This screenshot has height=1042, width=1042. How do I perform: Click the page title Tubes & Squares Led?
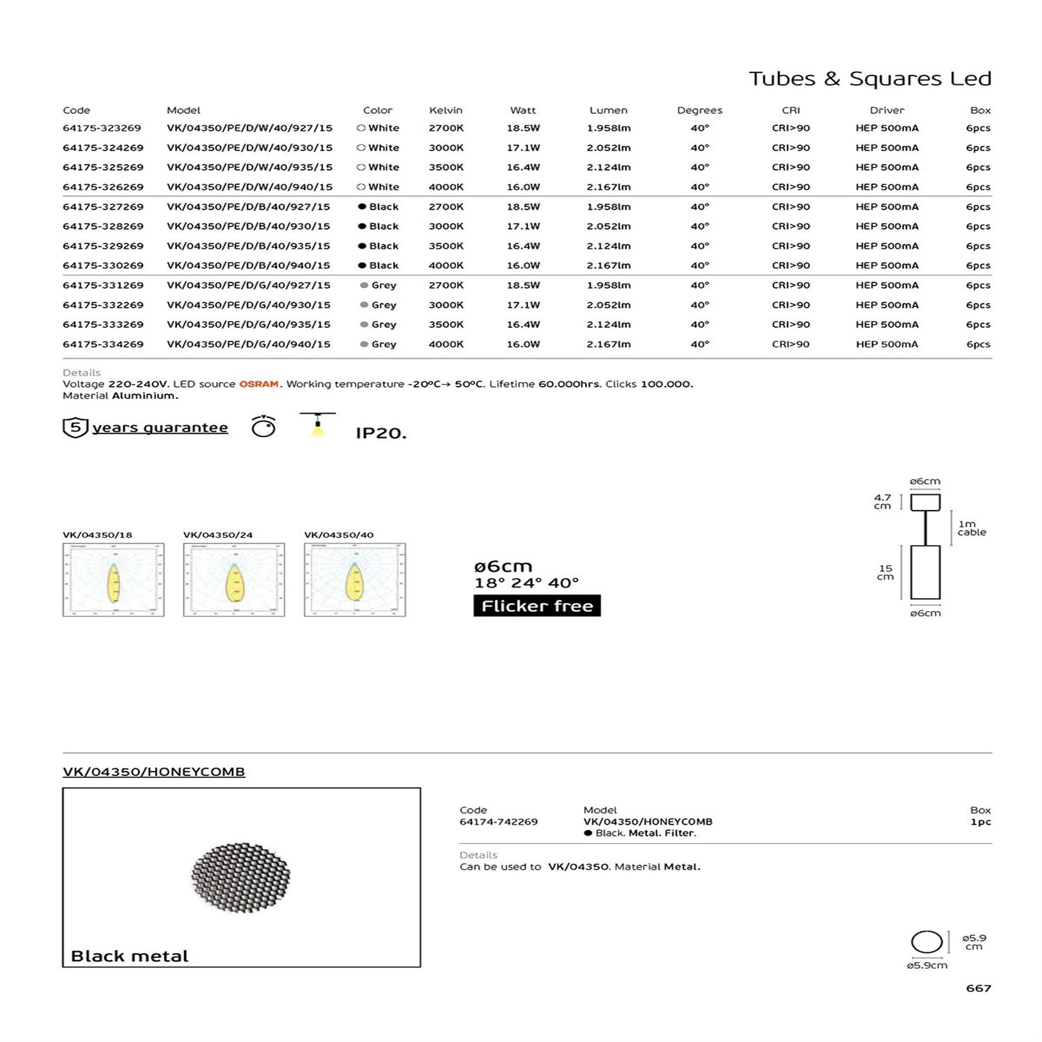coord(870,78)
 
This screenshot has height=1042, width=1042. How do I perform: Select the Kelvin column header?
coord(445,110)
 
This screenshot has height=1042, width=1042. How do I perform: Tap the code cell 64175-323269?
coord(102,129)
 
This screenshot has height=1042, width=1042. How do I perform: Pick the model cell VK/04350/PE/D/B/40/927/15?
coord(249,207)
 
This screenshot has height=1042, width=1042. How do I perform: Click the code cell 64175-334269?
coord(103,345)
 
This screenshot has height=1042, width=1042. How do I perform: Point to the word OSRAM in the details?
coord(259,384)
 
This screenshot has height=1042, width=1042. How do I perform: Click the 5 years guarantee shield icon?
coord(75,427)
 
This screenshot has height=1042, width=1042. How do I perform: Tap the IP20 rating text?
coord(381,433)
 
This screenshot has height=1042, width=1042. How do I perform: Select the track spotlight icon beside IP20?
coord(317,425)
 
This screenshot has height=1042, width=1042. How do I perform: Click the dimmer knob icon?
coord(263,427)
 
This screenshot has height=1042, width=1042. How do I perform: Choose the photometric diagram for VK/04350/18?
coord(113,580)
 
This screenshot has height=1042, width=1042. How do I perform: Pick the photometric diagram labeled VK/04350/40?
coord(355,580)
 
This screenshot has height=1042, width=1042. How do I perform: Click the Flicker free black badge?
coord(537,606)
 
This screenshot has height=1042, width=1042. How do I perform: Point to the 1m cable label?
coord(971,529)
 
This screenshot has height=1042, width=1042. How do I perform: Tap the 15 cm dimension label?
coord(885,572)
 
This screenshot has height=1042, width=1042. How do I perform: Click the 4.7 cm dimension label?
coord(882,502)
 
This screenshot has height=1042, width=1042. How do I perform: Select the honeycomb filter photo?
coord(240,877)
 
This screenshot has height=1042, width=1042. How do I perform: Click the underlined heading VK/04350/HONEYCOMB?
coord(154,772)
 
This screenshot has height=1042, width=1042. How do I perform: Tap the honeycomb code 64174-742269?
coord(499,822)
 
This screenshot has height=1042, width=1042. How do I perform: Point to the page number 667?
coord(978,988)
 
